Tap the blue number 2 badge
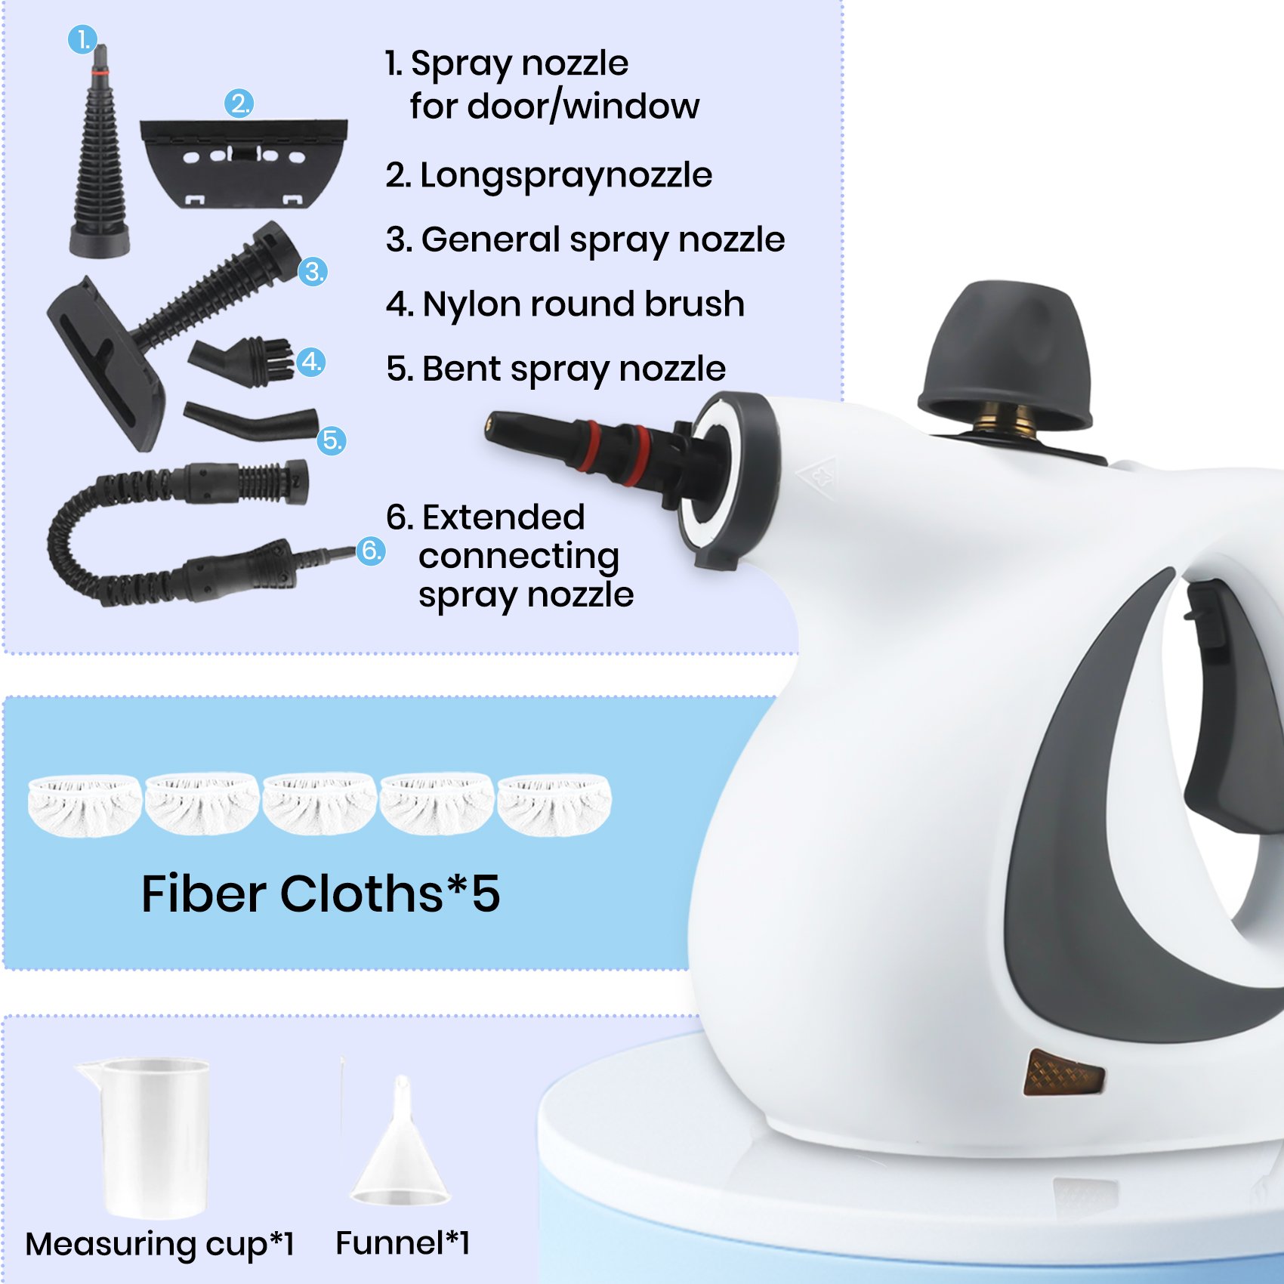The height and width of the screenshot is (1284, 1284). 239,103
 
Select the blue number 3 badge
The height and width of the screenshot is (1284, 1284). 313,271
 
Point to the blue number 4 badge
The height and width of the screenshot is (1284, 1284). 310,363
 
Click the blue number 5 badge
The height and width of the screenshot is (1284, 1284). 332,440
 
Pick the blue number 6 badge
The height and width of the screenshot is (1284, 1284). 370,550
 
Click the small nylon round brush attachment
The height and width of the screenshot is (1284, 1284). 242,361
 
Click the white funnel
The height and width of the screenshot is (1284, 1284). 400,1140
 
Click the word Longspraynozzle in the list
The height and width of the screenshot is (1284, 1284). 566,176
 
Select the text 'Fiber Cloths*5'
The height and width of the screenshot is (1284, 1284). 320,894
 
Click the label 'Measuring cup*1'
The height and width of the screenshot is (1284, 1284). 159,1244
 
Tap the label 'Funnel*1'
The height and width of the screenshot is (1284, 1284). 403,1242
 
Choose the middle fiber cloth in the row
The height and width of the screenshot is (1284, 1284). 319,804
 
